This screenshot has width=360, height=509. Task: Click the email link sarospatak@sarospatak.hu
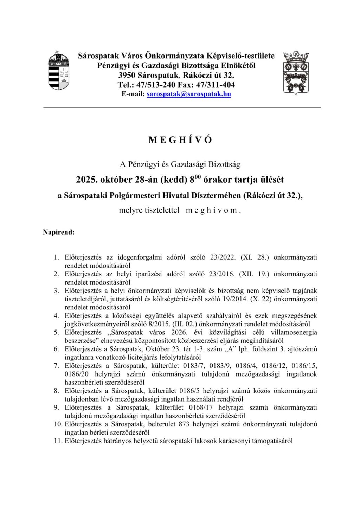coord(189,94)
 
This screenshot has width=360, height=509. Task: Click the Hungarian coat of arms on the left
coord(59,71)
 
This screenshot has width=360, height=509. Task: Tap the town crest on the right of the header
coord(296,73)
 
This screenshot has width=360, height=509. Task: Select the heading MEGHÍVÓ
coord(180,140)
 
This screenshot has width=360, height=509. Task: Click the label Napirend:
coord(59,232)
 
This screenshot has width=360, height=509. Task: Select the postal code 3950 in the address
coord(127,75)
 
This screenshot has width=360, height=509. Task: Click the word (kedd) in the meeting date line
coord(173,180)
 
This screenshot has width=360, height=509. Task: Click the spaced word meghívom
coord(213,210)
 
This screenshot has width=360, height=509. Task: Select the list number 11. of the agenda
coord(58,441)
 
